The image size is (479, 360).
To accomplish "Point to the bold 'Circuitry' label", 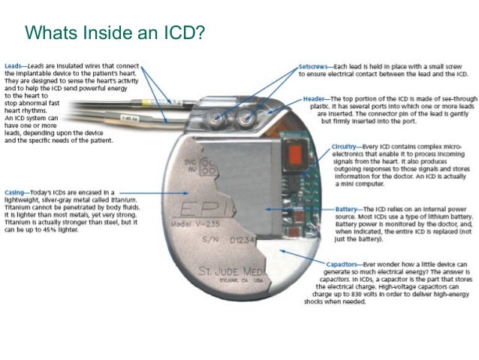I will point(344,147).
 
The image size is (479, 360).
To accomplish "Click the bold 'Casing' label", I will point(15,192).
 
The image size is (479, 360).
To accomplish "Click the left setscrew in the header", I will point(215,117).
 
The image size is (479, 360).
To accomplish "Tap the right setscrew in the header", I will point(245,117).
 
